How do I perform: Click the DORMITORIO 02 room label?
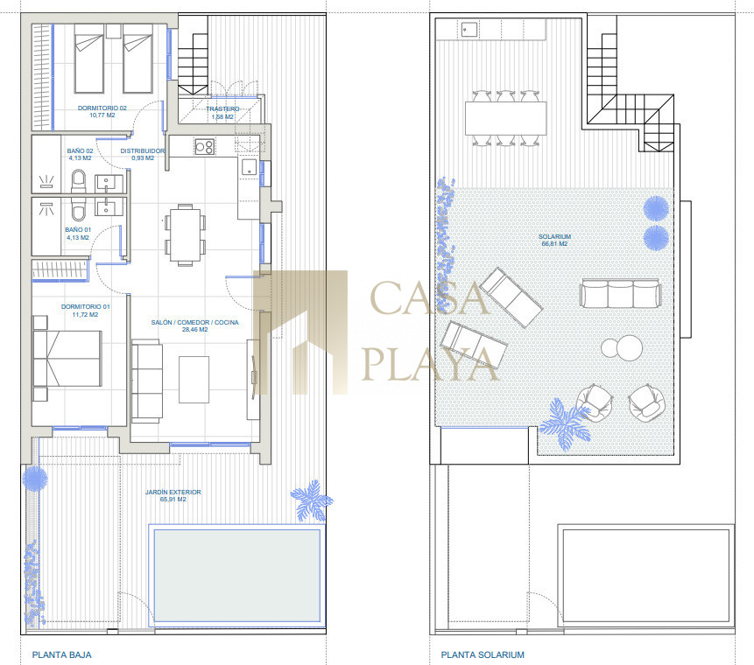[x=102, y=108]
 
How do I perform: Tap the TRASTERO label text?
[x=222, y=109]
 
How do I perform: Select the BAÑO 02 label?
[x=80, y=150]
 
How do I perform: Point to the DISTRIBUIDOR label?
[x=143, y=150]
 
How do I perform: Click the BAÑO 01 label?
[x=78, y=229]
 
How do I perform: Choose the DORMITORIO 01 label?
[x=85, y=306]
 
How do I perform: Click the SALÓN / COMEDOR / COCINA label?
[x=194, y=322]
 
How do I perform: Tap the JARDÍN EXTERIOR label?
[x=173, y=492]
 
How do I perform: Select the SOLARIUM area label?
[x=554, y=236]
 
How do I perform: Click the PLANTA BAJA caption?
[x=61, y=654]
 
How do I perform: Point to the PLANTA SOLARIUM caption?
[x=483, y=654]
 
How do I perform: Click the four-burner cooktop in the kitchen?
[x=204, y=146]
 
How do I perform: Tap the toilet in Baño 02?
[x=79, y=181]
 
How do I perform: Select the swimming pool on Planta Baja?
[x=236, y=575]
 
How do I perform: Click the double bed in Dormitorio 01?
[x=67, y=359]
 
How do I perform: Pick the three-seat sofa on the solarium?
[x=620, y=294]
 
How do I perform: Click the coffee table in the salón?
[x=194, y=380]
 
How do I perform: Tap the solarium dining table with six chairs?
[x=506, y=118]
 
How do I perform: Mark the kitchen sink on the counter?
[x=249, y=167]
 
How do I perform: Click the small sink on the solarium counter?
[x=469, y=29]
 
